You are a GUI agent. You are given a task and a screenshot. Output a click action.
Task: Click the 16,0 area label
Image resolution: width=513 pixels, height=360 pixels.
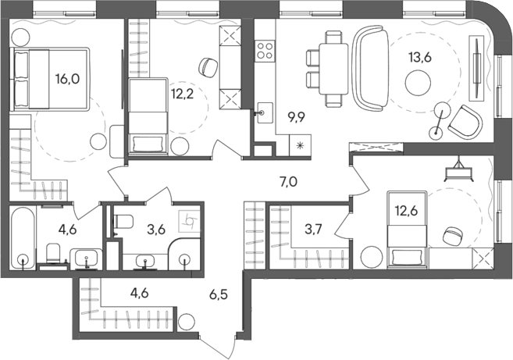(x=67, y=79)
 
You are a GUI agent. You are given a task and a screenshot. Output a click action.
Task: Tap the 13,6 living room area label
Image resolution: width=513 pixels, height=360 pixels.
(x=420, y=58)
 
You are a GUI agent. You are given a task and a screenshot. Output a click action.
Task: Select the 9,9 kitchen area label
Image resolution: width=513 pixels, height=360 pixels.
(x=296, y=117)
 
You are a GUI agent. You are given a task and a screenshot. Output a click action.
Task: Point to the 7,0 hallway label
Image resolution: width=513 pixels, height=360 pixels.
(x=288, y=180)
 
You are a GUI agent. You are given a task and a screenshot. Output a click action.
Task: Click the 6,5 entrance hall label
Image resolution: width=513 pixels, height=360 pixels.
(x=219, y=294)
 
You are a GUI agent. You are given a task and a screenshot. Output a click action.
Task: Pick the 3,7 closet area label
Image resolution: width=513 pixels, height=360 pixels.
(x=313, y=229)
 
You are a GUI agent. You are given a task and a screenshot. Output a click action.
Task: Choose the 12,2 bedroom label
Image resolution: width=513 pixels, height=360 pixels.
(x=183, y=94)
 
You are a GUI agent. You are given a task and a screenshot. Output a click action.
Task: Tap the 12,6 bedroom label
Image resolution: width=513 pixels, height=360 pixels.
(x=406, y=211)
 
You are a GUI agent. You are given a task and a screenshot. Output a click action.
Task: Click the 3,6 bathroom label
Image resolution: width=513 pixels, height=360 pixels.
(x=156, y=229)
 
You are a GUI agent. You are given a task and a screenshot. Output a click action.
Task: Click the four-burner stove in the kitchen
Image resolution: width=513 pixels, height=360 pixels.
(x=265, y=51)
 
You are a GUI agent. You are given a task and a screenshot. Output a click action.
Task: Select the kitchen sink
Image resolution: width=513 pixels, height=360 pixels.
(x=265, y=112)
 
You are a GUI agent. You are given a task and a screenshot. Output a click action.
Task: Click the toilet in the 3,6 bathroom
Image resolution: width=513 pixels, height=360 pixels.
(x=123, y=222)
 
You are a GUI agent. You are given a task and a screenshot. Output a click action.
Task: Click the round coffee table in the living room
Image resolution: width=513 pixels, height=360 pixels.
(x=418, y=83)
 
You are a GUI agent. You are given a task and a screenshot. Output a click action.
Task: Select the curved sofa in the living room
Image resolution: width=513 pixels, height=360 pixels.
(x=370, y=69)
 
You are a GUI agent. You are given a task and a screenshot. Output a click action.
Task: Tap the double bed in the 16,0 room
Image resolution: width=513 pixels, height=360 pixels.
(x=50, y=79)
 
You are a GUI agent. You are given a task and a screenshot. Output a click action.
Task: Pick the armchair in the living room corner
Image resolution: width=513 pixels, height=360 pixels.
(x=465, y=122)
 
